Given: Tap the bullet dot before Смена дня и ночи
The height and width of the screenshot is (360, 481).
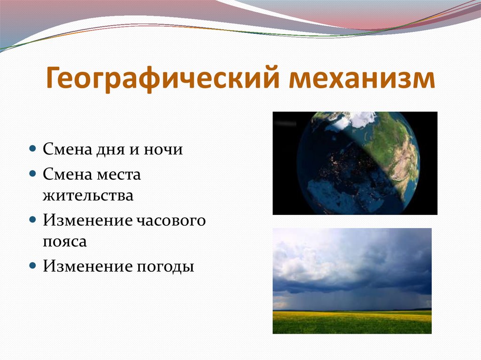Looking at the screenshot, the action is [x=33, y=149].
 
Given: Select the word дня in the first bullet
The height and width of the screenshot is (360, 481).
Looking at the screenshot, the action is [x=110, y=150].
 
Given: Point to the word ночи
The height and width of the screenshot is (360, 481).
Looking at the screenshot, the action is [x=163, y=150].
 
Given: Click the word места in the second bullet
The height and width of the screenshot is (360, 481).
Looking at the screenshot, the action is [x=118, y=175].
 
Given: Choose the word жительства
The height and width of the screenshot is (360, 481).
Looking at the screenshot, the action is [x=88, y=196].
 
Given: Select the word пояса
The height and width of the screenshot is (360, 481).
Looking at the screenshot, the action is [x=65, y=241].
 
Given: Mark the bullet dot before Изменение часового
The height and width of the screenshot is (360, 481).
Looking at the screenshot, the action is [x=33, y=220].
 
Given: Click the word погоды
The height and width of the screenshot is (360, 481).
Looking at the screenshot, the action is [x=165, y=266].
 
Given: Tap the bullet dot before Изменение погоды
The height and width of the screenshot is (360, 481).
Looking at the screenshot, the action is [x=33, y=265].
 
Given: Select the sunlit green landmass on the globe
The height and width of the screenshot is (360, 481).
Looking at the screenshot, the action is [x=396, y=153].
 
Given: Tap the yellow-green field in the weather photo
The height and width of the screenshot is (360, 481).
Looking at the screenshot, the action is [x=352, y=322].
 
